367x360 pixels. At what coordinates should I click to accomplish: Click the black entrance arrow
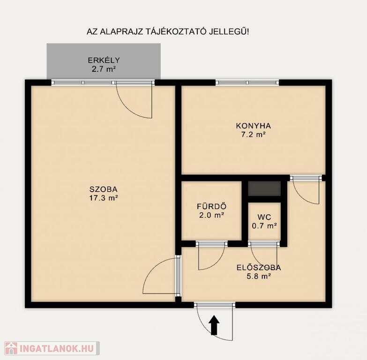point(215,325)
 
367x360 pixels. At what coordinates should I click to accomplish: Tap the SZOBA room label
point(103,189)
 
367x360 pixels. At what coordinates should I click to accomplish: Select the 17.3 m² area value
point(103,198)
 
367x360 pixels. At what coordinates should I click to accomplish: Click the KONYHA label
point(254,126)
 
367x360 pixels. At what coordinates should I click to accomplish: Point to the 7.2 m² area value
point(254,135)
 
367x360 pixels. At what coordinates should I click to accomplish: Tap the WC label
point(264,217)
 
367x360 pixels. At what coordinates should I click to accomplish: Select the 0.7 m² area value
point(264,226)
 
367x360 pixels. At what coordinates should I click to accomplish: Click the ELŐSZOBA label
point(259,267)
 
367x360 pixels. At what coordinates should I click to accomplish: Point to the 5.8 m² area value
point(259,277)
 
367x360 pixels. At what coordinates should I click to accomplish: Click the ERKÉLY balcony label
point(104,60)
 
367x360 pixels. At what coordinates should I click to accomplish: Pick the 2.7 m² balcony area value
point(104,69)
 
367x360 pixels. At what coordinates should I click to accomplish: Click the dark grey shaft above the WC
point(264,188)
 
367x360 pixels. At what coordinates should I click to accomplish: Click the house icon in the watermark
point(11,348)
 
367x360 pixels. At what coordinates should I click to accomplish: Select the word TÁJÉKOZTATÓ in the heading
point(175,31)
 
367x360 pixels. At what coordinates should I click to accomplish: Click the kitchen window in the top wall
point(247,82)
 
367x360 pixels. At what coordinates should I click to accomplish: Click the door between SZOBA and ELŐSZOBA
point(179,276)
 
